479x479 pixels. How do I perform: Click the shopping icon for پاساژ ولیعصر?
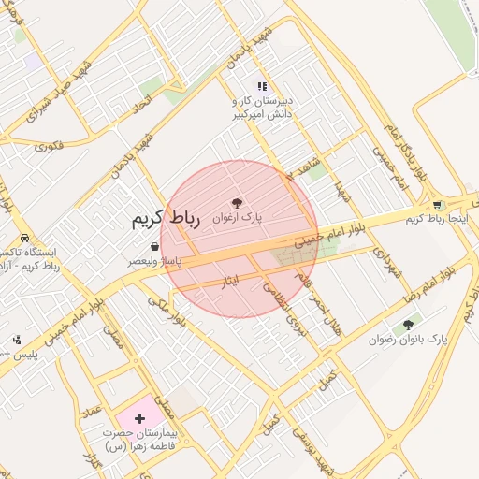point(153,248)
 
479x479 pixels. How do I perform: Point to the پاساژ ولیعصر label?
point(153,263)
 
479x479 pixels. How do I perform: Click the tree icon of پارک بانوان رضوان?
point(407,326)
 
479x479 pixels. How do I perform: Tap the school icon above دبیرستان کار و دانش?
point(263,86)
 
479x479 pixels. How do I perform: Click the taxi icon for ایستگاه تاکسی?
point(24,238)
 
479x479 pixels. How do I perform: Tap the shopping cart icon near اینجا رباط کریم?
point(437,205)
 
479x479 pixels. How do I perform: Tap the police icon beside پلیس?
point(17,340)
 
